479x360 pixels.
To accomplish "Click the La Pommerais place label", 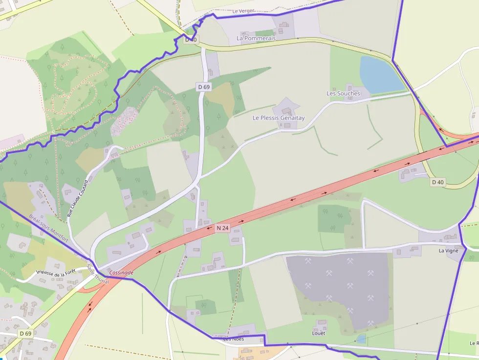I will pyautogui.click(x=256, y=38).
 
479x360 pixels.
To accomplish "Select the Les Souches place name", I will pyautogui.click(x=343, y=93).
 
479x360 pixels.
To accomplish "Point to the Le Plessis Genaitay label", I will pyautogui.click(x=279, y=118).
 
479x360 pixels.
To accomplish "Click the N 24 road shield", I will pyautogui.click(x=222, y=228).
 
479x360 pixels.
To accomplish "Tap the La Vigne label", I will pyautogui.click(x=448, y=251).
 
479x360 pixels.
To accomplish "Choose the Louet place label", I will pyautogui.click(x=319, y=333).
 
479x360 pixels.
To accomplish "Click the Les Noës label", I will pyautogui.click(x=234, y=339).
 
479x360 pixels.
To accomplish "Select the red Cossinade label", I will pyautogui.click(x=121, y=273).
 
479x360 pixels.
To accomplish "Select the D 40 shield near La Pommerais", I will pyautogui.click(x=191, y=40).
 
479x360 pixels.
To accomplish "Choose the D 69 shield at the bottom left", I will pyautogui.click(x=25, y=334).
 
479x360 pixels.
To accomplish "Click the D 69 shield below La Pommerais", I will pyautogui.click(x=204, y=87).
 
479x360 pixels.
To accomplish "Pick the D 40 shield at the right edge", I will pyautogui.click(x=438, y=182).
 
